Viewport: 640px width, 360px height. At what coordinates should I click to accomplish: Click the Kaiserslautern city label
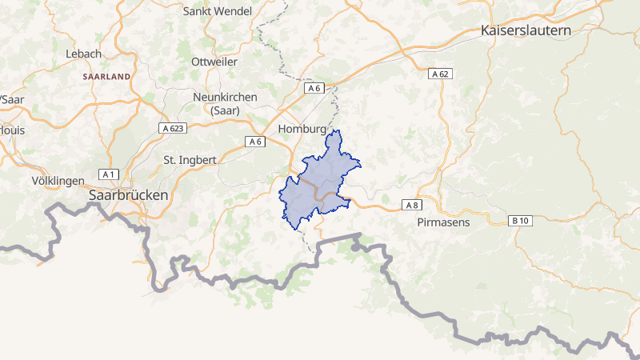(x=525, y=31)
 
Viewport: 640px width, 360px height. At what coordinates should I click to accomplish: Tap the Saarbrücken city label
(x=129, y=195)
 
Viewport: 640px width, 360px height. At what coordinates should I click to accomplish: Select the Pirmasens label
(x=443, y=222)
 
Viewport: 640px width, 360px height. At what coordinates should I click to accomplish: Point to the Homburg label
(x=302, y=129)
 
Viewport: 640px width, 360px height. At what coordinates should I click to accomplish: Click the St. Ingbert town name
(x=190, y=159)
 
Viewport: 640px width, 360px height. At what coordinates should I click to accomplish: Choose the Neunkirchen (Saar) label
(x=225, y=103)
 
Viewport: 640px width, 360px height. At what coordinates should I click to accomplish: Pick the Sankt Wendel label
(x=218, y=11)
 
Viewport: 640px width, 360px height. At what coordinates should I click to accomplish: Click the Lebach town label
(x=83, y=54)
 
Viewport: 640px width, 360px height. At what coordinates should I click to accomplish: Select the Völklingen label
(x=58, y=181)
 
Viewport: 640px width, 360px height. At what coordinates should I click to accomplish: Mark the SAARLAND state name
(x=106, y=77)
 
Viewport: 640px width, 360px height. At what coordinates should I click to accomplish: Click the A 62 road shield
(x=441, y=74)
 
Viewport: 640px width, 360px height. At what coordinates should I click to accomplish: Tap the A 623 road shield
(x=172, y=128)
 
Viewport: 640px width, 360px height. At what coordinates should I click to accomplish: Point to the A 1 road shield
(x=109, y=174)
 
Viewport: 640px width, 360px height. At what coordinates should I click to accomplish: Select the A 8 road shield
(x=412, y=206)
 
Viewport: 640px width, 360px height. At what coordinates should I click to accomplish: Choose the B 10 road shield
(x=520, y=220)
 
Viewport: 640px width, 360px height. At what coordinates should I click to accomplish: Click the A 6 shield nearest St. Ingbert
(x=254, y=142)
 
